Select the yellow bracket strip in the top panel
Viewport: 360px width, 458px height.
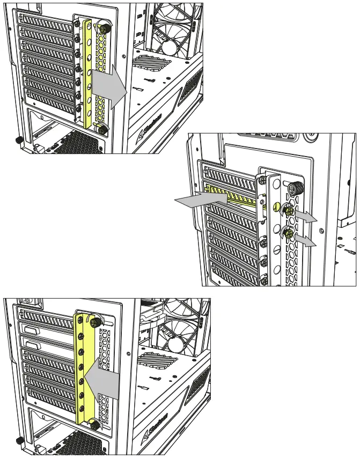(87, 75)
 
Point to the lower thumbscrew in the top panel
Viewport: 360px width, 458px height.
(100, 129)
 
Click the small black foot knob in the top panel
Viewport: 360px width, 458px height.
(18, 140)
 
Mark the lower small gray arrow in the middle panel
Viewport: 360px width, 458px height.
(306, 242)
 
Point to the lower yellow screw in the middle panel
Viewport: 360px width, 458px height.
(289, 233)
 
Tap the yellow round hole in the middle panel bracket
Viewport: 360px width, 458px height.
(276, 206)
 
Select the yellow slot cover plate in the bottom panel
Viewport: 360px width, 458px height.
(84, 370)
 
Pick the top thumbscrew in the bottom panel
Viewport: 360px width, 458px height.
(95, 321)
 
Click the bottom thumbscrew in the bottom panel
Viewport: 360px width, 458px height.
(95, 425)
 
